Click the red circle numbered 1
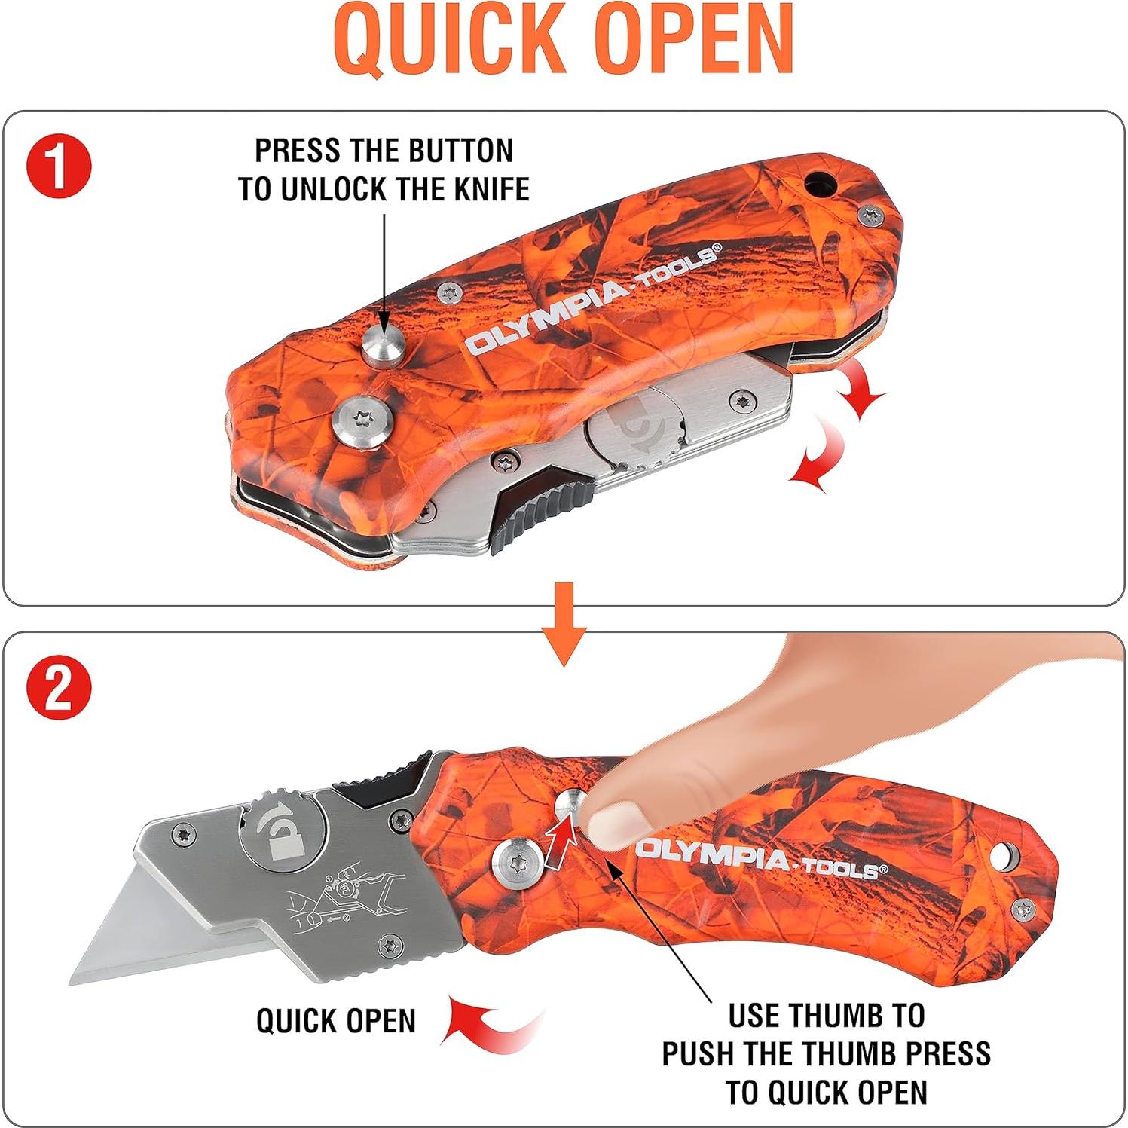[59, 166]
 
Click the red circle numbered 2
[59, 687]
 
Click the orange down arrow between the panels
[564, 622]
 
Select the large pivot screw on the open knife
[521, 862]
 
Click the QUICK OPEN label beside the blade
[336, 1021]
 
